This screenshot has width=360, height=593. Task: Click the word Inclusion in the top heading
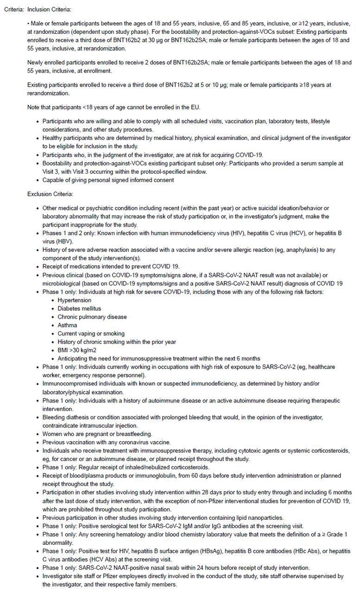[39, 9]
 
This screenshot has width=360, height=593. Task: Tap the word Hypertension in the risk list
[74, 300]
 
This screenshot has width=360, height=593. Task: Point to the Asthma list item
[67, 325]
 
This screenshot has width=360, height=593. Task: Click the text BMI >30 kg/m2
[77, 350]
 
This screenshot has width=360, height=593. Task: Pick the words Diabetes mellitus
[79, 309]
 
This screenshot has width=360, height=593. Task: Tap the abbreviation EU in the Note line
[195, 107]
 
